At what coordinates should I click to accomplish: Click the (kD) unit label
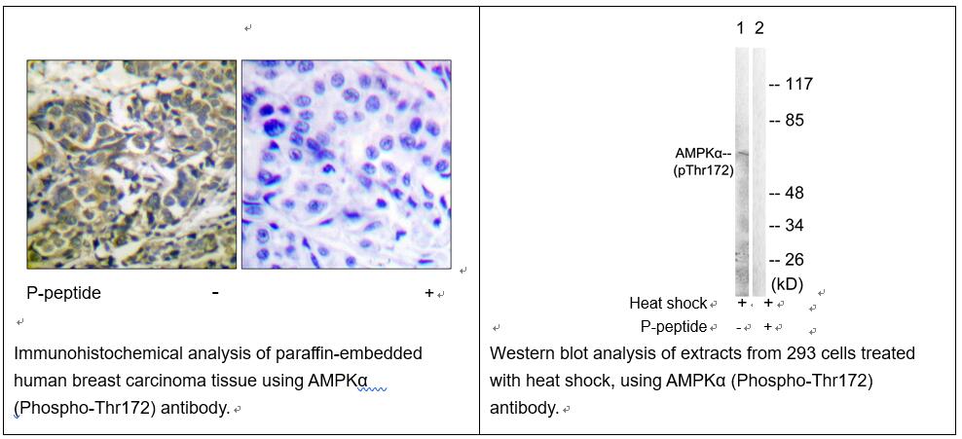[x=787, y=284]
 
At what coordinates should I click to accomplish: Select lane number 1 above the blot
[x=741, y=29]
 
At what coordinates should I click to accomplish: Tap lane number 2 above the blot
[x=758, y=29]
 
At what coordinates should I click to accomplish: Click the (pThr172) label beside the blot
[x=703, y=171]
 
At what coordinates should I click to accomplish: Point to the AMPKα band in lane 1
[x=742, y=153]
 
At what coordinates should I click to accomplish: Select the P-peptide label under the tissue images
[x=64, y=294]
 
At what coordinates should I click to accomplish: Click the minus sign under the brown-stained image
[x=215, y=293]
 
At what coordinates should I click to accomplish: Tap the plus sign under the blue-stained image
[x=429, y=293]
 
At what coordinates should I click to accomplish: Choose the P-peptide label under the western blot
[x=674, y=327]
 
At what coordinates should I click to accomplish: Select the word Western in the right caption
[x=518, y=353]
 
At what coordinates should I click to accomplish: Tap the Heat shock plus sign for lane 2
[x=767, y=303]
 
